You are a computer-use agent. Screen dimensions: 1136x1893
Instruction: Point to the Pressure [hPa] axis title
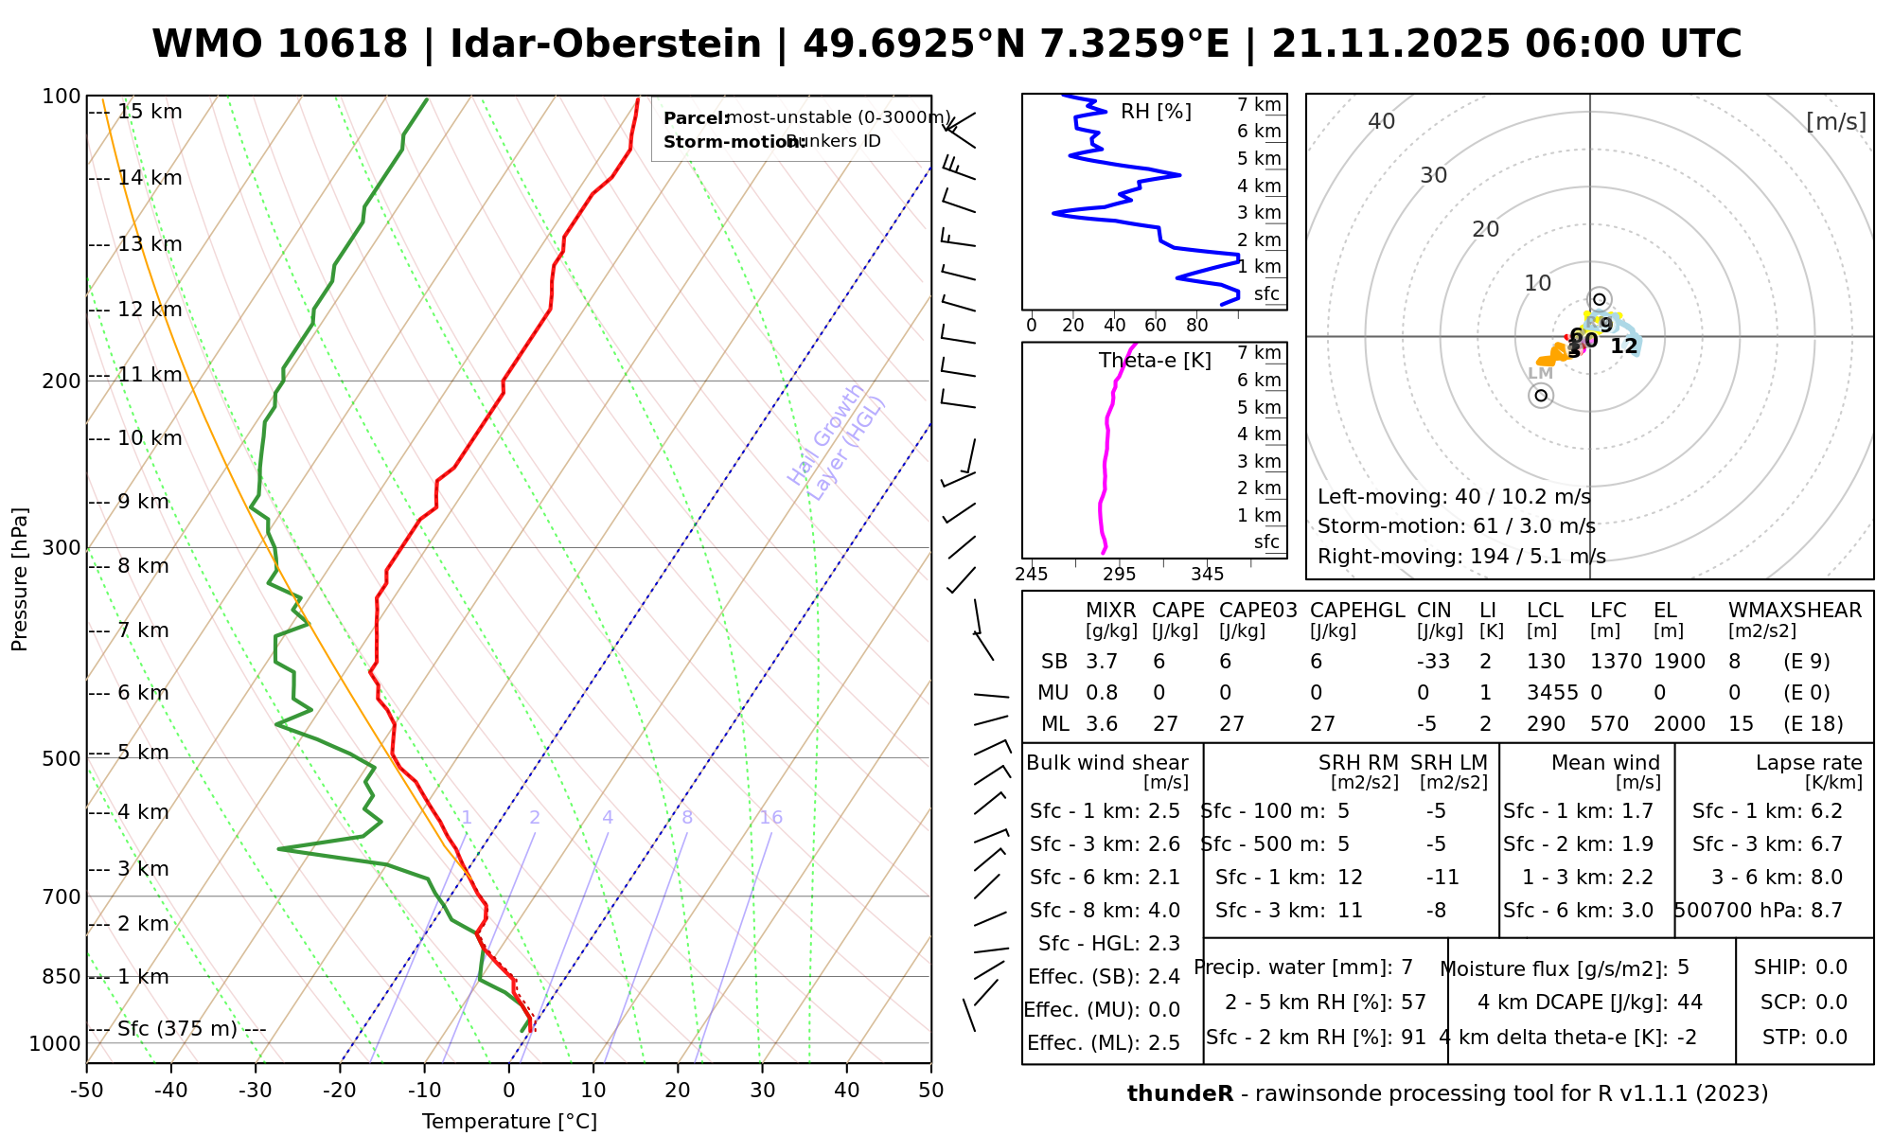click(20, 579)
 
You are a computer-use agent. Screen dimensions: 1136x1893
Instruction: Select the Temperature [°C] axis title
click(509, 1122)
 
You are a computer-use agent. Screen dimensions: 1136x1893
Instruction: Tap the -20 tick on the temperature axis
click(340, 1091)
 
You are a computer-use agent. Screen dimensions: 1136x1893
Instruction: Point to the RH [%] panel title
click(1156, 112)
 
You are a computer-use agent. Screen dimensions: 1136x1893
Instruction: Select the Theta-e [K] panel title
click(1155, 361)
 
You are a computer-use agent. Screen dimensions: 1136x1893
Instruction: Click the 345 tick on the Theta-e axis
click(1207, 575)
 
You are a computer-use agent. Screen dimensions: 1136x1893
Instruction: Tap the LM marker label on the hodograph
click(1540, 374)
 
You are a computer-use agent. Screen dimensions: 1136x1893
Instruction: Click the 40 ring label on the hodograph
click(1382, 121)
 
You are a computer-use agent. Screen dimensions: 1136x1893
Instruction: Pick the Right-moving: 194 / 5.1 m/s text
click(1461, 557)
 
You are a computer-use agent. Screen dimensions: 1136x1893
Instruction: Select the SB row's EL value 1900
click(1680, 662)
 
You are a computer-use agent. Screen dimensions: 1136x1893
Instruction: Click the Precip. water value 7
click(1406, 967)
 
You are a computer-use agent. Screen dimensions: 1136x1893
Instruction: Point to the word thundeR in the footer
click(1180, 1094)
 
